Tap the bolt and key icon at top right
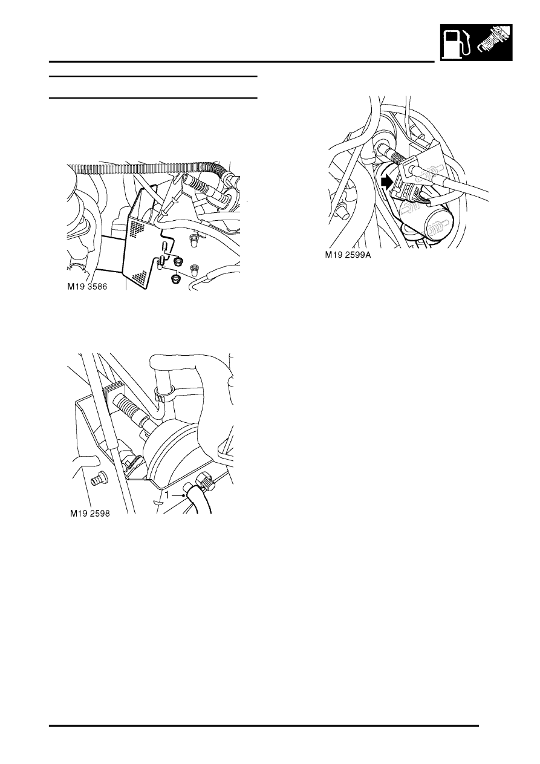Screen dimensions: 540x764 493,42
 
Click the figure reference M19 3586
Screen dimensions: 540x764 87,287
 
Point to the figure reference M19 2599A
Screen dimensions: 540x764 348,255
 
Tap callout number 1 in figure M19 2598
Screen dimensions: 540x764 167,495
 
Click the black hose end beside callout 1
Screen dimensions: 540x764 197,498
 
